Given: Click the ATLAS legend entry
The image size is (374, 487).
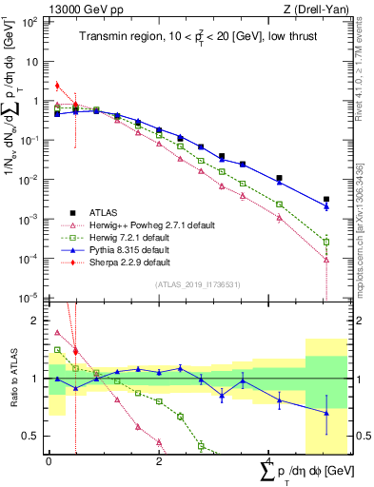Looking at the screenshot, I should click(104, 212).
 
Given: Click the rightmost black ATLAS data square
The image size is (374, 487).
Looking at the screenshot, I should click(326, 200).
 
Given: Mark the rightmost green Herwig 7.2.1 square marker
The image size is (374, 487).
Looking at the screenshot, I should click(326, 242).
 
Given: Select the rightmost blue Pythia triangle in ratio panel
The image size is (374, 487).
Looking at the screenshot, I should click(326, 413).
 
